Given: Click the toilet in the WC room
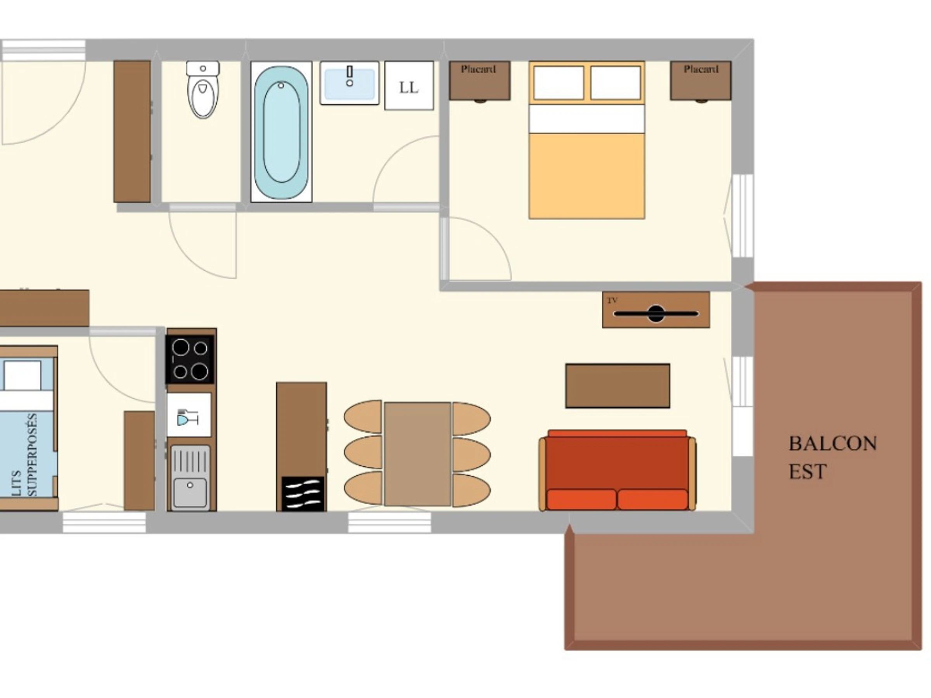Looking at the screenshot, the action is click(x=203, y=89).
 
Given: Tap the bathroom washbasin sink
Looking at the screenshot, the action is click(x=350, y=83).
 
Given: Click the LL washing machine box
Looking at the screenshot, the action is click(x=409, y=86).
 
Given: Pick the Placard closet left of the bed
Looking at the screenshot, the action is click(x=480, y=81).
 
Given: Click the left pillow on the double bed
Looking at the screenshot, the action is click(x=559, y=83).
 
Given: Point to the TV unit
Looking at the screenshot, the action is click(x=656, y=310).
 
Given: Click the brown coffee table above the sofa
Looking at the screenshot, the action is click(x=618, y=386).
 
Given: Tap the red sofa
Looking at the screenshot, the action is click(x=618, y=470).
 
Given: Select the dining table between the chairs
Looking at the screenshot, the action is click(x=417, y=454).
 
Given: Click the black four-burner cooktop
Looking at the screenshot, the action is click(x=190, y=359).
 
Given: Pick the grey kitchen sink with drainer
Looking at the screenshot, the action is click(x=190, y=477).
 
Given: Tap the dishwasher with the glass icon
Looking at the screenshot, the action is click(x=189, y=415).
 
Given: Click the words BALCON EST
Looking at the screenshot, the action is click(x=832, y=457).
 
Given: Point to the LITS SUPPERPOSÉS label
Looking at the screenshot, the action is click(x=25, y=455).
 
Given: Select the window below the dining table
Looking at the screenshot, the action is click(x=390, y=522).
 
